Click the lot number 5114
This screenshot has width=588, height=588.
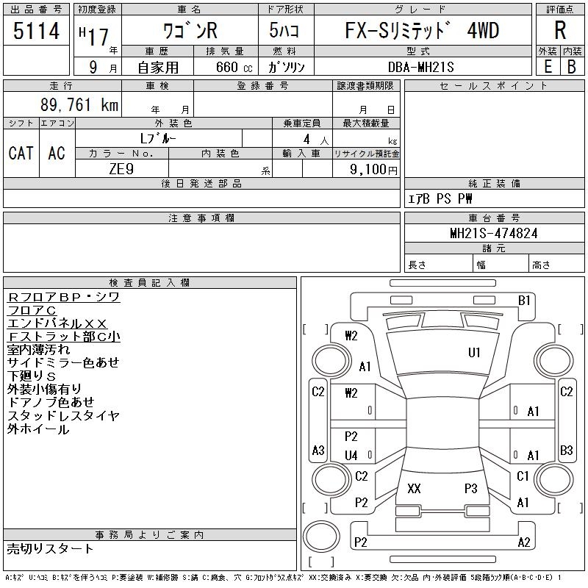(36, 32)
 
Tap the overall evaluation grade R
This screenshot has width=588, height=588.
(560, 32)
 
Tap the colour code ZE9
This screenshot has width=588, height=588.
(121, 169)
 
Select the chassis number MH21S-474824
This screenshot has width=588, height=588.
(494, 233)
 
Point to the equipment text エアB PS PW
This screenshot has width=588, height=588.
(440, 199)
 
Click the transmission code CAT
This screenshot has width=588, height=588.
(21, 153)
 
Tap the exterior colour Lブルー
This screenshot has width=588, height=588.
(157, 138)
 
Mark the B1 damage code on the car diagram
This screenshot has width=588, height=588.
(524, 300)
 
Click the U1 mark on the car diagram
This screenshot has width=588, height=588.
(474, 353)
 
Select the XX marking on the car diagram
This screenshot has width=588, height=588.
(414, 488)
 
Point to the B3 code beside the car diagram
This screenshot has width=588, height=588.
(566, 450)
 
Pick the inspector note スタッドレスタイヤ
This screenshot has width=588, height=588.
(63, 416)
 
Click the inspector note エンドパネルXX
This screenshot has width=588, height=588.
(57, 323)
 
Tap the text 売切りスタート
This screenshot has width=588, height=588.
(50, 548)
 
